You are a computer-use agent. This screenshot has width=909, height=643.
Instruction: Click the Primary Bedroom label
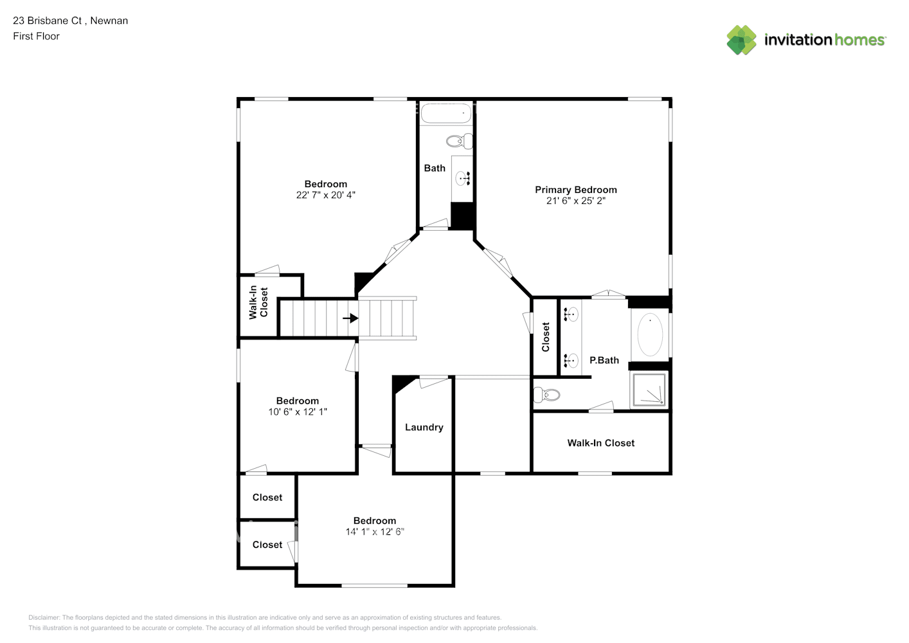(x=575, y=190)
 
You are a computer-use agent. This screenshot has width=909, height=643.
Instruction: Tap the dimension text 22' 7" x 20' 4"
(x=325, y=195)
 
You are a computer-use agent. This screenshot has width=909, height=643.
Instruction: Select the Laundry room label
(x=424, y=428)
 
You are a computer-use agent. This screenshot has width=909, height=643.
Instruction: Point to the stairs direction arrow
(x=350, y=318)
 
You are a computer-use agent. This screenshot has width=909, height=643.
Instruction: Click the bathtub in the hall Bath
(x=446, y=113)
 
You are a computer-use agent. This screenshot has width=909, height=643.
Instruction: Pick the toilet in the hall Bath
(x=460, y=141)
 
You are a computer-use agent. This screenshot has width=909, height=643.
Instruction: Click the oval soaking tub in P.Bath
(x=650, y=334)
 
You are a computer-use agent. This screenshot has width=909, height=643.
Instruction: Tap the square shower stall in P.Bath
(x=649, y=390)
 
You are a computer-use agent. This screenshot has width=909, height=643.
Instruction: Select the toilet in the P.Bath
(x=546, y=394)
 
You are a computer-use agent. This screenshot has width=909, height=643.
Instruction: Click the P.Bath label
(x=604, y=360)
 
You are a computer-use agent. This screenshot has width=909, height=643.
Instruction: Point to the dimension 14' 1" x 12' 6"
(x=375, y=532)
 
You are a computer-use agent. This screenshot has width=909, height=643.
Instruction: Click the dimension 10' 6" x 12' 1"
(x=298, y=412)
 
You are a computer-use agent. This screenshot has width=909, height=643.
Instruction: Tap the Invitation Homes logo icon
(x=741, y=40)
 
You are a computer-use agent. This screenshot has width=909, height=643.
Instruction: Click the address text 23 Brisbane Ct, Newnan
(x=70, y=21)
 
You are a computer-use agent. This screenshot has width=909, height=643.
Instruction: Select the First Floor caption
(x=36, y=36)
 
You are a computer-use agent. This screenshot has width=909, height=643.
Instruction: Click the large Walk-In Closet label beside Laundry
(x=600, y=443)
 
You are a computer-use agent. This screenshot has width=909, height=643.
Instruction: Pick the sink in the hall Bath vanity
(x=462, y=178)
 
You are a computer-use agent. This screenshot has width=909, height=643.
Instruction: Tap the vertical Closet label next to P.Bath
(x=545, y=337)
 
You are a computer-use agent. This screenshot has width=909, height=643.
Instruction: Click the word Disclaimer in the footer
(x=44, y=617)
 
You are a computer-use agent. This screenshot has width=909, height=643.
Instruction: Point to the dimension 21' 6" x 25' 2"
(x=575, y=201)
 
